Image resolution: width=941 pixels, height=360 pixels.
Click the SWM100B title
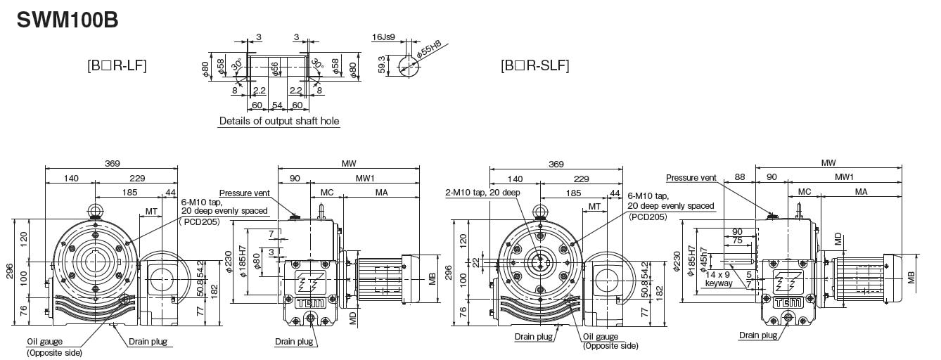pyautogui.click(x=67, y=19)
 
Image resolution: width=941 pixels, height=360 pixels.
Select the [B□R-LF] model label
pyautogui.click(x=117, y=66)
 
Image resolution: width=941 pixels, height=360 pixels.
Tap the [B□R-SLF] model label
pyautogui.click(x=534, y=66)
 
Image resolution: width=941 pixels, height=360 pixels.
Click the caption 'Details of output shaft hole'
pyautogui.click(x=279, y=121)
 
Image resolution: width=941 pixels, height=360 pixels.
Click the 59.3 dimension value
pyautogui.click(x=381, y=65)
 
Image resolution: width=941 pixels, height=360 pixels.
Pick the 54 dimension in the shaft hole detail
pyautogui.click(x=277, y=105)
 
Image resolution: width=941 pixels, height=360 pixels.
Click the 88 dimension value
pyautogui.click(x=739, y=177)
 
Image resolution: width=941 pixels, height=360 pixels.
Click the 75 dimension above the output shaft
pyautogui.click(x=737, y=240)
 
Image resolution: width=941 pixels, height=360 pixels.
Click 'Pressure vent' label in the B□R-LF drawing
pyautogui.click(x=244, y=193)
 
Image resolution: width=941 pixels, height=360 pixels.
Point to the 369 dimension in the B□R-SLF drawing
pyautogui.click(x=556, y=164)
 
